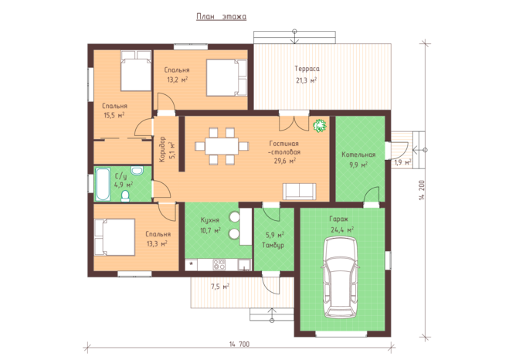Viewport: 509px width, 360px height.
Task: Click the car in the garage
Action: point(341,277)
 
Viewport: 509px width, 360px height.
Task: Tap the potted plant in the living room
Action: point(320,126)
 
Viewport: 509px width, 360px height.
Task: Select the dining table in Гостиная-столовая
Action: point(222,146)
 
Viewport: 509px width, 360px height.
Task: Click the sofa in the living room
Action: point(299,191)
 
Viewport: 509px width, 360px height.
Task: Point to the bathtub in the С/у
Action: point(103,184)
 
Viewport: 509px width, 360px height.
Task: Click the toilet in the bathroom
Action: point(125,196)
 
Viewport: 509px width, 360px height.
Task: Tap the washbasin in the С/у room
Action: point(137,171)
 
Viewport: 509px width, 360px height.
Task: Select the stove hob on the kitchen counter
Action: point(219,264)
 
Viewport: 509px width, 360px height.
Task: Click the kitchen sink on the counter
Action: point(244,265)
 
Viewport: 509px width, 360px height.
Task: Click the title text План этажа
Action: point(222,16)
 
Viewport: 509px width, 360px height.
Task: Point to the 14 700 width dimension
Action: point(239,345)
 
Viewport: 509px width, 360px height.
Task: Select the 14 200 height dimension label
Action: point(422,190)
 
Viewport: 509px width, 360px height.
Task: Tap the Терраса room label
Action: point(307,69)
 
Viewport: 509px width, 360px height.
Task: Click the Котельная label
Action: point(358,155)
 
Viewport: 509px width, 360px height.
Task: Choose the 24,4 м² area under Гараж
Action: point(342,230)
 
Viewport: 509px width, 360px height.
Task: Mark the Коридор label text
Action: point(162,149)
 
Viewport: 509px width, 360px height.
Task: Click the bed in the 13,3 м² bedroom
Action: point(114,237)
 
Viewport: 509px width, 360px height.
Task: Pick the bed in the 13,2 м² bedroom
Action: point(226,77)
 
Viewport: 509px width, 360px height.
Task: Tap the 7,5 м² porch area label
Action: point(220,287)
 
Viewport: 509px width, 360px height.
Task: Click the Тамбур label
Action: point(273,246)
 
